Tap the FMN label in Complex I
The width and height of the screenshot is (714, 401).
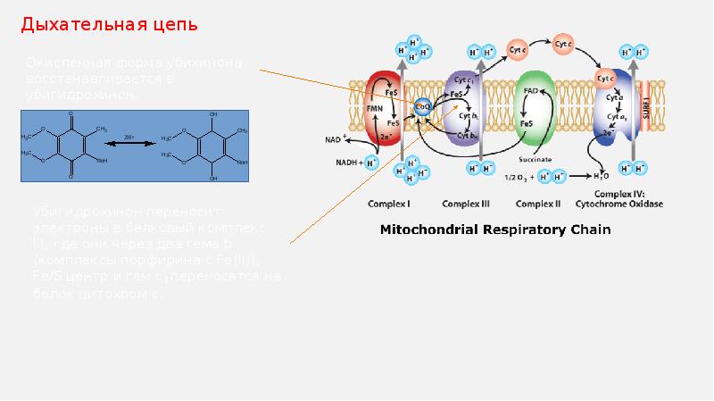tap(375, 107)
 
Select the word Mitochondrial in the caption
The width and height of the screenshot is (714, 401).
tap(423, 230)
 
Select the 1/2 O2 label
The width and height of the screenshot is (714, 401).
tap(519, 175)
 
